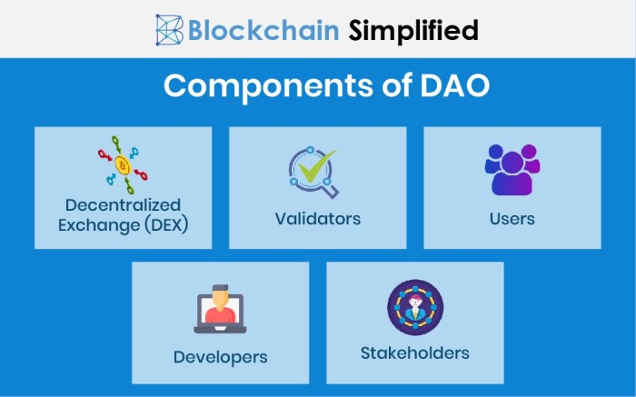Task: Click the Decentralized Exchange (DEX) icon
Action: click(123, 164)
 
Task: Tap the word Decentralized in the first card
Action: click(123, 204)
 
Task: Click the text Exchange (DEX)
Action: click(123, 223)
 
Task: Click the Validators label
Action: click(318, 219)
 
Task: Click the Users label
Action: click(512, 219)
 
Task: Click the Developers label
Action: click(220, 357)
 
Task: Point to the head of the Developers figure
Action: click(220, 296)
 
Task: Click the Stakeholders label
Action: click(414, 352)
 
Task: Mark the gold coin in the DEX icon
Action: click(122, 165)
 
